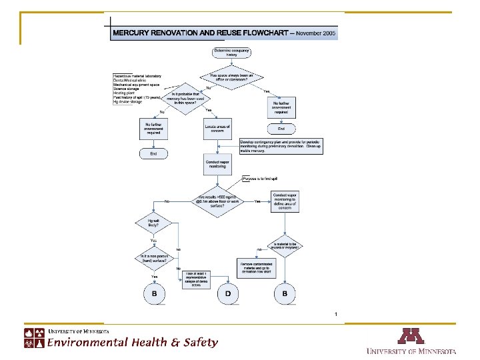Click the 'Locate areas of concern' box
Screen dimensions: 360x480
pos(217,129)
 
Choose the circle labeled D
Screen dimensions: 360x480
pos(228,293)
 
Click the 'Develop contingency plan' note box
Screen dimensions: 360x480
pos(280,147)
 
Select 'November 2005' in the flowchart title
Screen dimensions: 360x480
pos(316,33)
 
